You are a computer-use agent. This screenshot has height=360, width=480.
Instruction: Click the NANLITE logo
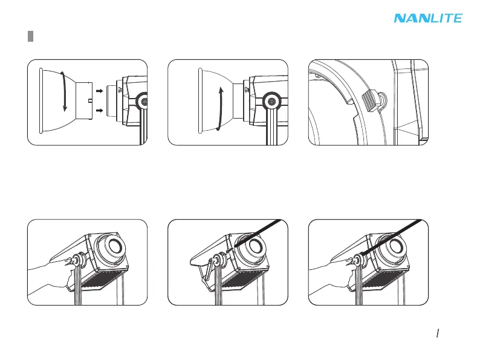click(428, 18)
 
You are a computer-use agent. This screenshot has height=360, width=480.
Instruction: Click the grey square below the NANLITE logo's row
click(30, 37)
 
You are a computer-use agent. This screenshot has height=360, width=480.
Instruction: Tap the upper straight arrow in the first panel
click(100, 93)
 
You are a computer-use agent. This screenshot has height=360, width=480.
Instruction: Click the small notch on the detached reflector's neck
click(89, 101)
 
